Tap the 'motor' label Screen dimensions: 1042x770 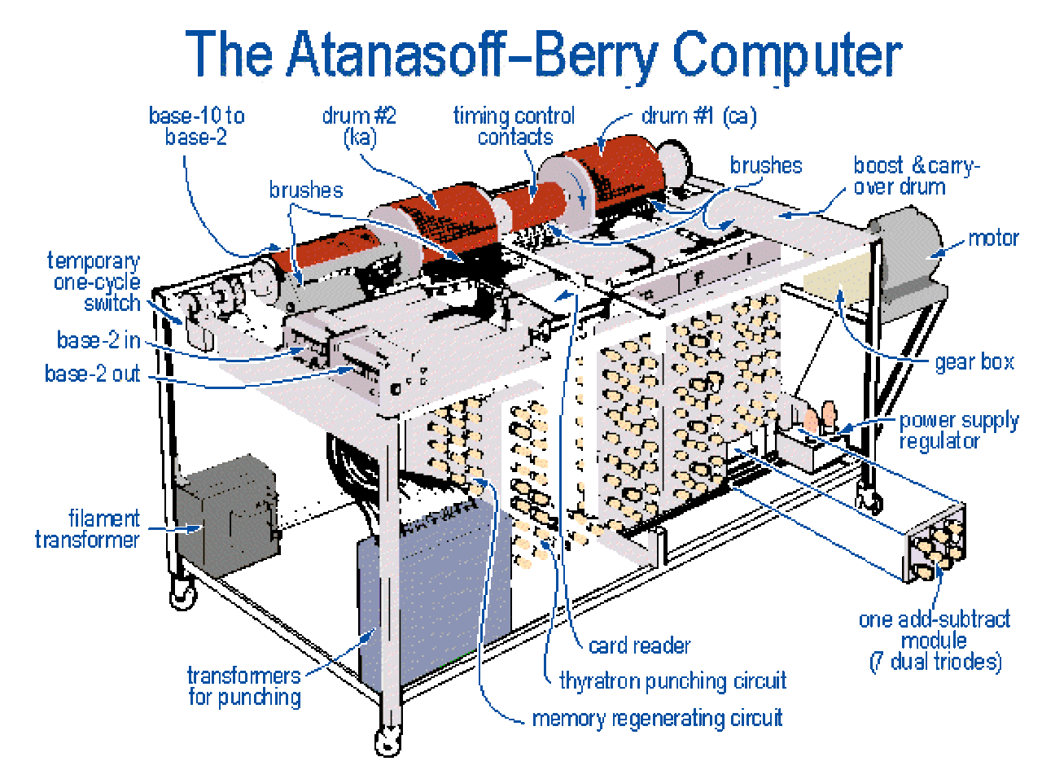(992, 238)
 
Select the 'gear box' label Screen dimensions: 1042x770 (974, 361)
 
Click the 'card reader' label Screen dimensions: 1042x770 (639, 646)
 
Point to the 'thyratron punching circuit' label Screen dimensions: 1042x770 (672, 681)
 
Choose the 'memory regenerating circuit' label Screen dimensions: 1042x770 (657, 719)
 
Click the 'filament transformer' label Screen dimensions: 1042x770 (88, 529)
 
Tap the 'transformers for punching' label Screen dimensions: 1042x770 (244, 686)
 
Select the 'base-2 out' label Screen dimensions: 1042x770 (93, 374)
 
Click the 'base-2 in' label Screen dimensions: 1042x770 (99, 339)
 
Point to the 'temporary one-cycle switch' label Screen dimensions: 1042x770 (94, 282)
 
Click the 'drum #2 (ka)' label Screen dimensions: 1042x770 (359, 127)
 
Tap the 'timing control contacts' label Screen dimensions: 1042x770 (514, 126)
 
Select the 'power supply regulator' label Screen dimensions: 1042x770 (959, 431)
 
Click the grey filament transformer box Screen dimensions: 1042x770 (227, 515)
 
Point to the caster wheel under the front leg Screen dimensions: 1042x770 (387, 742)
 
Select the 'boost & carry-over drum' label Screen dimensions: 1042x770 (916, 176)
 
